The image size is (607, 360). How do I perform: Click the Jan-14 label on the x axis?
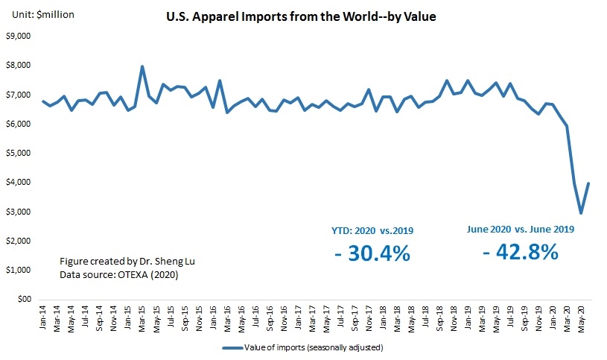(x=44, y=317)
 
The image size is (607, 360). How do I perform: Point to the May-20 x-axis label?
(x=579, y=317)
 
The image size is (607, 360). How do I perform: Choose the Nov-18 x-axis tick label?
(x=454, y=317)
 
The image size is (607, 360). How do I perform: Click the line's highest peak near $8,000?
(x=142, y=66)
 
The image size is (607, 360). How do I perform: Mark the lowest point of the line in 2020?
(x=581, y=213)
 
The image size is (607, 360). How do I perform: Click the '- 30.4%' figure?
(x=372, y=253)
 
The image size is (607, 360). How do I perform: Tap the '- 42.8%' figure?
(x=520, y=252)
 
